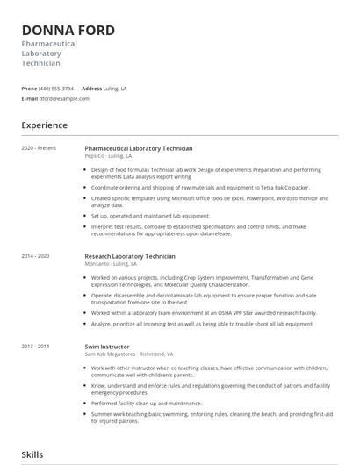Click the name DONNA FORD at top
pyautogui.click(x=68, y=31)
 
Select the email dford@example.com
pyautogui.click(x=60, y=99)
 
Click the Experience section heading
pyautogui.click(x=44, y=125)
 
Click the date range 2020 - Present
pyautogui.click(x=39, y=148)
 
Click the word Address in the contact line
pyautogui.click(x=92, y=89)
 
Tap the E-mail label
pyautogui.click(x=29, y=99)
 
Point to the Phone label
pyautogui.click(x=29, y=89)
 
